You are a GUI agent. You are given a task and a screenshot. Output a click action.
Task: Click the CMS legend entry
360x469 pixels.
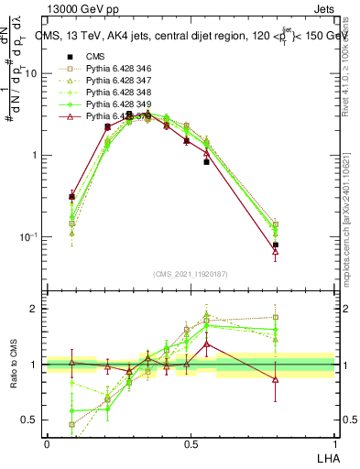tap(95, 56)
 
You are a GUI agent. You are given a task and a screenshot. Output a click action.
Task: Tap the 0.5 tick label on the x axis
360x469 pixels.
tap(190, 443)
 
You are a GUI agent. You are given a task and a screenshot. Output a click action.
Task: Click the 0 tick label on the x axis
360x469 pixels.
tap(47, 443)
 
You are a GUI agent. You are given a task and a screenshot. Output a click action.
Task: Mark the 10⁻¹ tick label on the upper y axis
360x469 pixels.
tap(29, 236)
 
